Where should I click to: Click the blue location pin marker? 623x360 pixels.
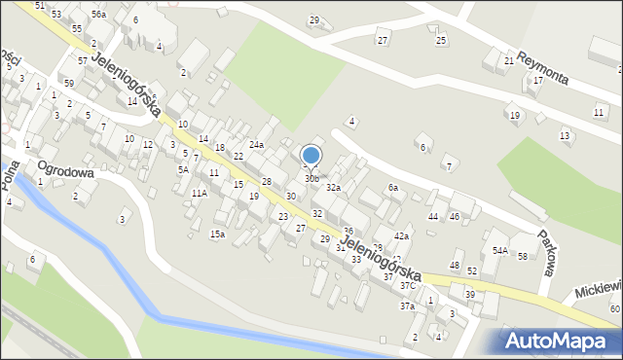pos(311,156)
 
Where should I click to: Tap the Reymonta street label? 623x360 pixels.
pos(551,68)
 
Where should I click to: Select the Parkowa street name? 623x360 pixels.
pos(548,255)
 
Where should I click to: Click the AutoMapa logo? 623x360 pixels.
pos(560,341)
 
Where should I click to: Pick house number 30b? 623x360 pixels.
pos(311,179)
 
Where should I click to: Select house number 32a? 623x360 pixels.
pos(333,187)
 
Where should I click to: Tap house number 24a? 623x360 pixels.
pos(256,144)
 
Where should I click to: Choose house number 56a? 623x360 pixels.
pos(98,15)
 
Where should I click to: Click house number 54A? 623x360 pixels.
pos(499,250)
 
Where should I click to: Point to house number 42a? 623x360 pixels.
pos(401,236)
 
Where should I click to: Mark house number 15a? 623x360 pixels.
pos(218,234)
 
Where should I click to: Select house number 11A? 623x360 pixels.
pos(199,194)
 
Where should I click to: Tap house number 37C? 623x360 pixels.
pos(409,286)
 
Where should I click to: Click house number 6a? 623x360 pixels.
pos(393,187)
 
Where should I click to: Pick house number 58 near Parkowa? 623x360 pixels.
pos(523,256)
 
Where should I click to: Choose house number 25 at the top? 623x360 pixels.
pos(441,40)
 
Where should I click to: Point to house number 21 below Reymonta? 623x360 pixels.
pos(509,60)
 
